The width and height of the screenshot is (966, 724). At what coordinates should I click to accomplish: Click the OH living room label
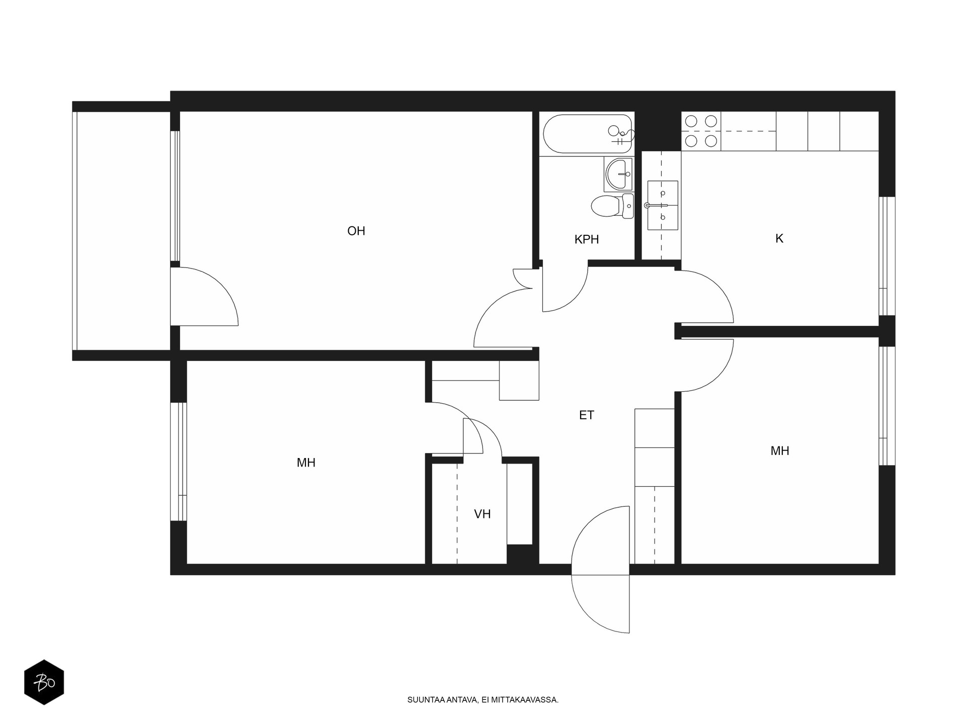tap(356, 231)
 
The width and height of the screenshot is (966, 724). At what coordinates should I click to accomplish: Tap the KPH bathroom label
tap(587, 240)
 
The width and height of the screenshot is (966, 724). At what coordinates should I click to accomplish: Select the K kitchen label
tap(779, 239)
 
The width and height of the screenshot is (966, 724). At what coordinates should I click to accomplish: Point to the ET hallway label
tap(587, 415)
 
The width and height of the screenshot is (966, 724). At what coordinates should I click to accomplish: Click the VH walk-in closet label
tap(482, 514)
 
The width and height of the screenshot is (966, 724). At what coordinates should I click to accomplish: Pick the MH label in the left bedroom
tap(306, 463)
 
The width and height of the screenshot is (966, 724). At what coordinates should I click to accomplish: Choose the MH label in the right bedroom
tap(780, 451)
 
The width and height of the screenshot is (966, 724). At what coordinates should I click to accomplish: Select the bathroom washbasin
tap(618, 174)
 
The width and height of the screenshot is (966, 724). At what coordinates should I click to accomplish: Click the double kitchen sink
tap(662, 205)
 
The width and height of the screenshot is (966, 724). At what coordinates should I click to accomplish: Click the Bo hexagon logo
tap(44, 682)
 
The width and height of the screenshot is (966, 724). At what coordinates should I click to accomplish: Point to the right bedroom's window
tap(887, 405)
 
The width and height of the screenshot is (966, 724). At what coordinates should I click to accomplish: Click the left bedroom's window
tap(179, 462)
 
